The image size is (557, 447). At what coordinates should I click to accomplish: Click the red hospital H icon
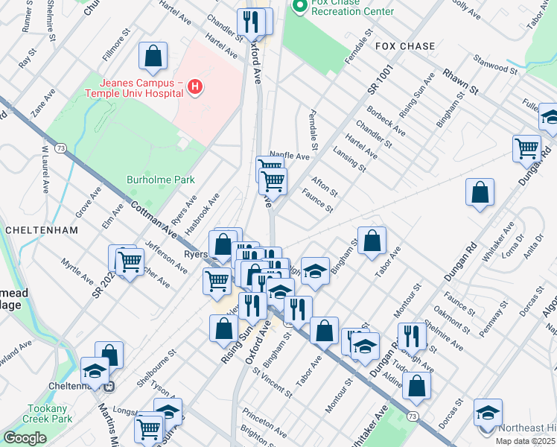pyautogui.click(x=195, y=88)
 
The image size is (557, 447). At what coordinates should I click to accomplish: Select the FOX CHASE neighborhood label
pyautogui.click(x=405, y=46)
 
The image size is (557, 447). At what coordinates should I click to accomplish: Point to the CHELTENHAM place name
pyautogui.click(x=41, y=230)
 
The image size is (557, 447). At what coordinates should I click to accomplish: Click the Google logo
pyautogui.click(x=25, y=438)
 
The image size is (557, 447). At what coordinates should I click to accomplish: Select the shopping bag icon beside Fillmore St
pyautogui.click(x=153, y=54)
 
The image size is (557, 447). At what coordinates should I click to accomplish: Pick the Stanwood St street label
pyautogui.click(x=496, y=65)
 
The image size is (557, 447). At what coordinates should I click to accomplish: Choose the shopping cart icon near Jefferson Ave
pyautogui.click(x=130, y=261)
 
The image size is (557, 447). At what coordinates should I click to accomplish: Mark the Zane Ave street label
pyautogui.click(x=42, y=106)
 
